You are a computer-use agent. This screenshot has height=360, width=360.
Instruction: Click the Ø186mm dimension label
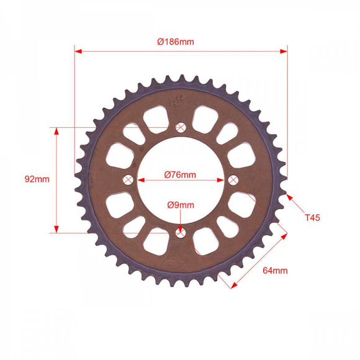[x=176, y=42]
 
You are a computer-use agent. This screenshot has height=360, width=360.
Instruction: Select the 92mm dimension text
[x=37, y=179]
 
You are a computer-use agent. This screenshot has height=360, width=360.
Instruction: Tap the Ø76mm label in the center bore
[x=180, y=174]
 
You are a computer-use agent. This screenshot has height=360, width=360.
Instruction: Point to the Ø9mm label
[x=180, y=205]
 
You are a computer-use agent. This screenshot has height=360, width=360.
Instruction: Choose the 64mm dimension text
[x=275, y=270]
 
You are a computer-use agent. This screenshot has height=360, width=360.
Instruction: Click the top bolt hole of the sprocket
[x=181, y=128]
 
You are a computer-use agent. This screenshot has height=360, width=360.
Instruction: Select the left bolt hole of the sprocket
[x=128, y=180]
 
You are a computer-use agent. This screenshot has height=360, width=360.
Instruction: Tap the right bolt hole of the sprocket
[x=233, y=180]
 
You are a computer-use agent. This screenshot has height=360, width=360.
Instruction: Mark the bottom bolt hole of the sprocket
[x=181, y=232]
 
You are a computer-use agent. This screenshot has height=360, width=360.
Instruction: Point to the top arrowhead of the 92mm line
[x=56, y=132]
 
